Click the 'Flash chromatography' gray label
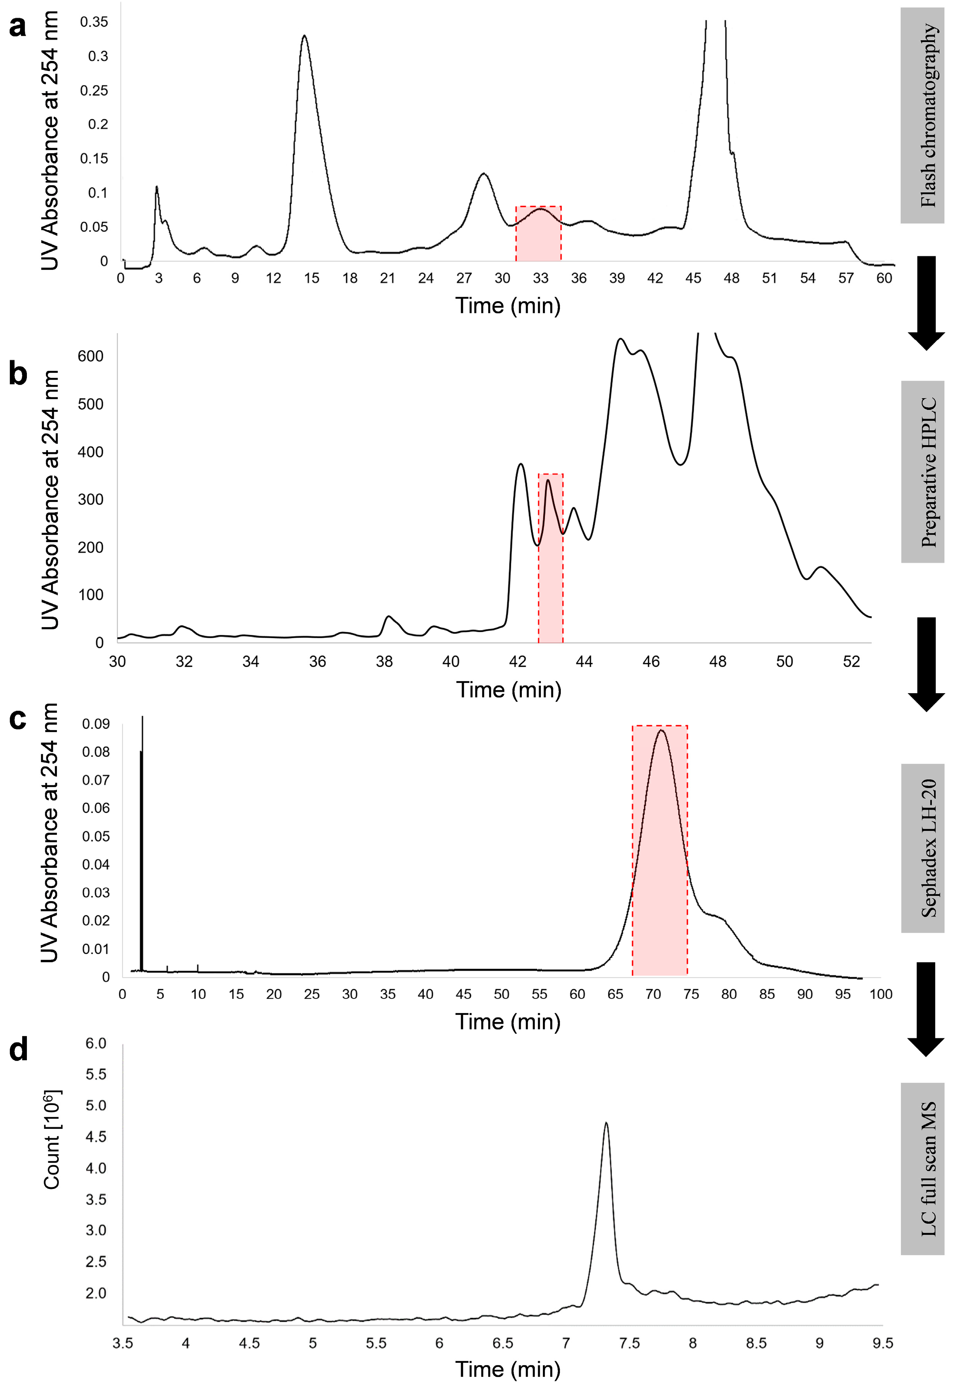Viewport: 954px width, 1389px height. [x=922, y=115]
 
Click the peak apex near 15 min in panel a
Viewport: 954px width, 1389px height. [x=305, y=36]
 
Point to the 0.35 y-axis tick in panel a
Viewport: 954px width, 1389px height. [x=94, y=22]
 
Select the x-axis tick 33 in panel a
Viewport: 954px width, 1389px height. [x=541, y=278]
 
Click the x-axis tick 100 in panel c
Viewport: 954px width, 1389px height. [x=880, y=994]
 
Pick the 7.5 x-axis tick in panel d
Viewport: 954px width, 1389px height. [x=629, y=1343]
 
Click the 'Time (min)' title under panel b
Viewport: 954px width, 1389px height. [x=509, y=690]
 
